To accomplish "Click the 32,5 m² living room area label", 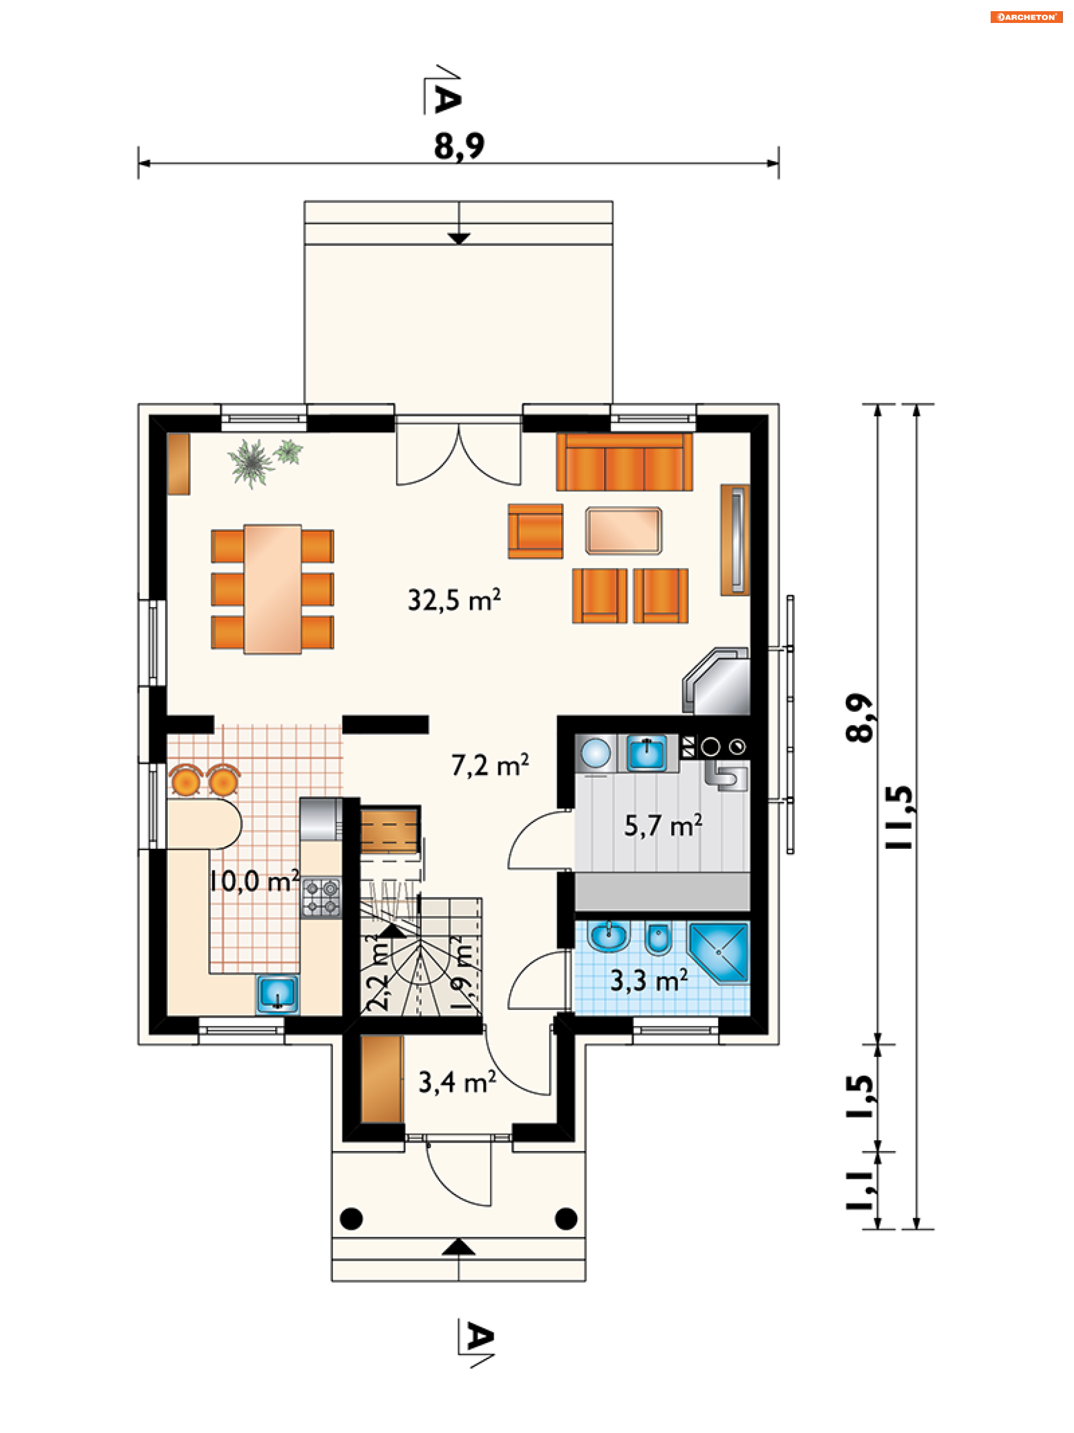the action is pos(454,600).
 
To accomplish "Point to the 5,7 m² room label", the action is pos(663,825).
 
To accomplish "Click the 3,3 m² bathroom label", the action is pos(649,981).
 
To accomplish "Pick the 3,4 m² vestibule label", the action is pos(458,1082).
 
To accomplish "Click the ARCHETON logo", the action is pos(1026,17).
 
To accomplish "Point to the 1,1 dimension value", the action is pos(860,1191).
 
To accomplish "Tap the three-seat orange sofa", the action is pos(624,462).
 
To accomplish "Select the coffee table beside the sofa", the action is pos(623,530).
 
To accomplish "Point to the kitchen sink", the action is pos(277,994).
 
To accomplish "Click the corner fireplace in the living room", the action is pos(717,681).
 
